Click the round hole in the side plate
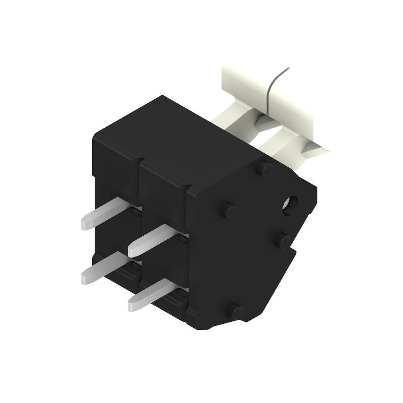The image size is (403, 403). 291,205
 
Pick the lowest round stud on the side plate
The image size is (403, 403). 235,311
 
